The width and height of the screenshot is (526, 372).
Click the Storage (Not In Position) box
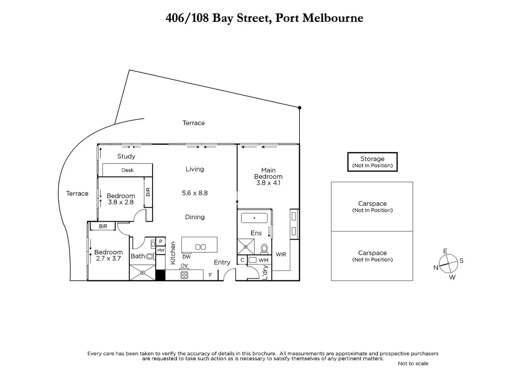point(372,162)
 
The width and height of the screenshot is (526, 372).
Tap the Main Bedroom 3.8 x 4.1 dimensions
point(268,183)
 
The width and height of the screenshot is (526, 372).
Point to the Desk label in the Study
point(127,170)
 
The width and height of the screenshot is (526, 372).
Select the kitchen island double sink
point(200,247)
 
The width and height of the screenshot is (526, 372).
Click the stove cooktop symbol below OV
point(184,275)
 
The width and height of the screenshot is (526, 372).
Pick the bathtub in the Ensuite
point(254,218)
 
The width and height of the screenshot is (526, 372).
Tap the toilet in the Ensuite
point(264,248)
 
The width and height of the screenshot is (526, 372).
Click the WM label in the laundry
point(263,260)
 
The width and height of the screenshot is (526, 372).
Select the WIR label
point(281,255)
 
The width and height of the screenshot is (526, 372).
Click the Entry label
point(222,262)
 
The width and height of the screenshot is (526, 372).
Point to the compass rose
point(449,264)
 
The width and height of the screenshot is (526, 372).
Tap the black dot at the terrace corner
point(299,108)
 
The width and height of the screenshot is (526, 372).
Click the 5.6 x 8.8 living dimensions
point(195,193)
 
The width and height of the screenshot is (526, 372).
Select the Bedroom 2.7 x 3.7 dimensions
point(108,258)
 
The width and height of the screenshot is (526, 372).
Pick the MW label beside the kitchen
point(161,250)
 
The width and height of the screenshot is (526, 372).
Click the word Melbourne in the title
point(333,18)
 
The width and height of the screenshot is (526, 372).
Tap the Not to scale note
point(413,363)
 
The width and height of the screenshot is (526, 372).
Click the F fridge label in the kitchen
point(210,275)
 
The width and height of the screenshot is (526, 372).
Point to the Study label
point(126,156)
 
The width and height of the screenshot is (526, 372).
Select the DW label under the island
point(186,257)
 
